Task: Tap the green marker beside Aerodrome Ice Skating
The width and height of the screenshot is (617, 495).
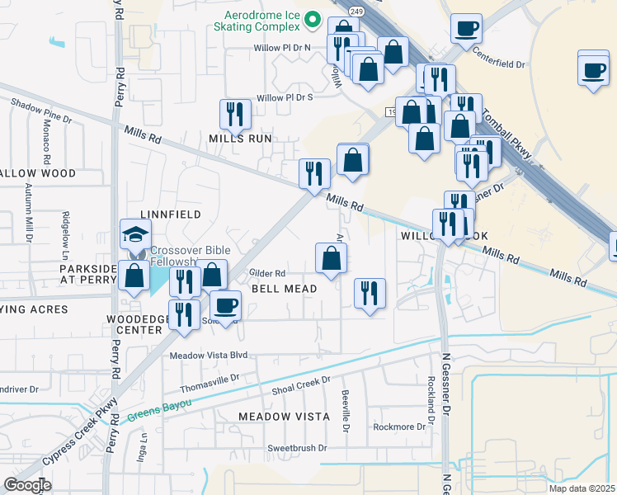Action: pos(312,18)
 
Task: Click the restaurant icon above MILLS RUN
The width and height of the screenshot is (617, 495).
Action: pos(235,115)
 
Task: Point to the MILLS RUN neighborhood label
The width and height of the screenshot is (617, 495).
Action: pos(240,139)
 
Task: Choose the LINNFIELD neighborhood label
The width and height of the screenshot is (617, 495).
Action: pos(174,214)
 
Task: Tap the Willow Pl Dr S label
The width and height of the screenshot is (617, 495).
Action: pos(285,97)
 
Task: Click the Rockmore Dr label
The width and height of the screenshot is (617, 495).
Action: pos(398,427)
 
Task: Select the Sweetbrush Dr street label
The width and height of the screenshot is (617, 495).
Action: pos(296,448)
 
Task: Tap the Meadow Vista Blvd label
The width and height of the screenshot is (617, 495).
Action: pos(208,356)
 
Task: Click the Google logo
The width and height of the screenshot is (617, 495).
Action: pos(27,485)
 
